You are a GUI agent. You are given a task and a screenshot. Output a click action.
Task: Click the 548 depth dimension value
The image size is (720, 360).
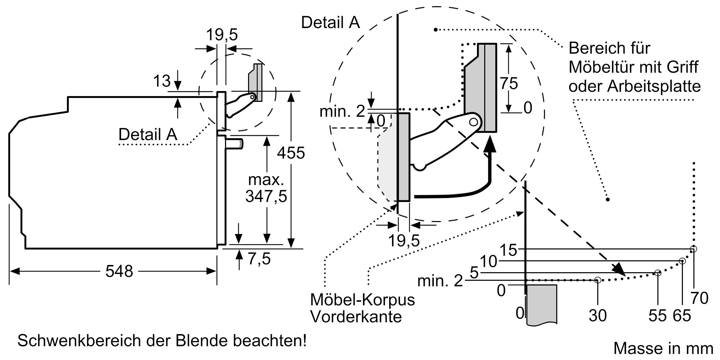coord(119,271)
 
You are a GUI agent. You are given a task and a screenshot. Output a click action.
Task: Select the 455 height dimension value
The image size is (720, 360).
coord(291,153)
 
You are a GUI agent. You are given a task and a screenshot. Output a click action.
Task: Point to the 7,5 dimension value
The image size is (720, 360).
coord(259,258)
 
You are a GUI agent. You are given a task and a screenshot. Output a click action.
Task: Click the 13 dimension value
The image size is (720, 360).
coord(162,81)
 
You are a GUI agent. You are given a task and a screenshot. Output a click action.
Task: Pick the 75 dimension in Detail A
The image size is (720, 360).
coord(509,84)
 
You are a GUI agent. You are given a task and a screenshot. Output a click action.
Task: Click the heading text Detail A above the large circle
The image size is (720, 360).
coord(330,22)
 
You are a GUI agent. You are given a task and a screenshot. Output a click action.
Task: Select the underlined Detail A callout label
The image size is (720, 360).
coord(148,135)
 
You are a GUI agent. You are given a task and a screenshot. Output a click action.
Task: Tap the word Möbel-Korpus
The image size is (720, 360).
coord(363,300)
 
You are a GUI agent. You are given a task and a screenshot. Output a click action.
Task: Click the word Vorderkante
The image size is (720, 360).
coord(356,317)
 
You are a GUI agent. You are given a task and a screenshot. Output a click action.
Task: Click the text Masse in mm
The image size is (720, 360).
coord(663,348)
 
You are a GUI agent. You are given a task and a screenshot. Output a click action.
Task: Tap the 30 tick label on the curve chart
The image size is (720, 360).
coord(598,315)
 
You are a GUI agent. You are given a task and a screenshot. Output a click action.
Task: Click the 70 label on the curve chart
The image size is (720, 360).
coord(699,298)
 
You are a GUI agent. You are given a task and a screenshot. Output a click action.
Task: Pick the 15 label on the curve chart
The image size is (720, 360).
coord(509,250)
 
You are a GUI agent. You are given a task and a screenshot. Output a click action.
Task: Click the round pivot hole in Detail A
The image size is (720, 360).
coord(474,122)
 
